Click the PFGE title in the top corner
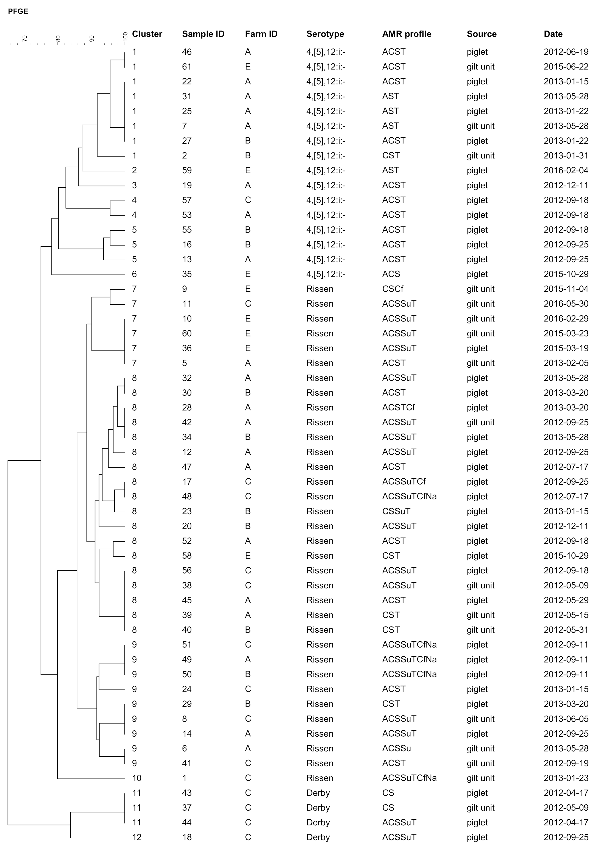pyautogui.click(x=18, y=11)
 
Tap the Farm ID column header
pyautogui.click(x=261, y=34)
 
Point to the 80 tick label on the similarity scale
pyautogui.click(x=58, y=38)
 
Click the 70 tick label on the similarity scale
pyautogui.click(x=25, y=38)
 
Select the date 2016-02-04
pyautogui.click(x=566, y=171)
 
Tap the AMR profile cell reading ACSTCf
pyautogui.click(x=398, y=408)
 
